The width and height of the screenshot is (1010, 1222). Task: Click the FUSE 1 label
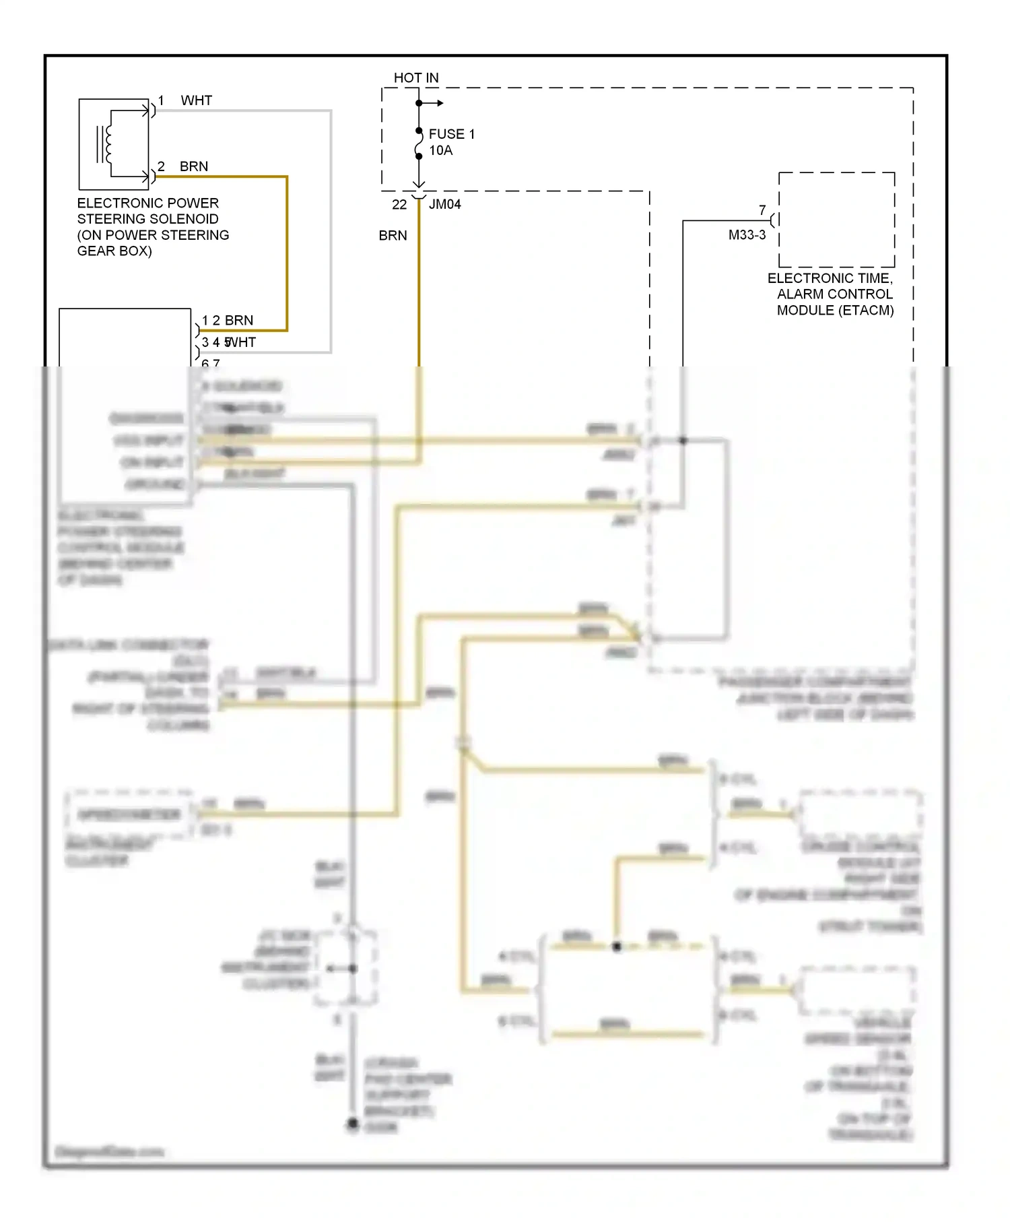pyautogui.click(x=451, y=134)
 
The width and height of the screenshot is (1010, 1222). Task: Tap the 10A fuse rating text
pyautogui.click(x=440, y=150)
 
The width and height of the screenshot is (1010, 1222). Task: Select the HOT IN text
pyautogui.click(x=415, y=78)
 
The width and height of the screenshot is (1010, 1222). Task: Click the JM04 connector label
pyautogui.click(x=444, y=204)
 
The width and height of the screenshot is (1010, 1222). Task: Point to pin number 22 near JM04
pyautogui.click(x=399, y=204)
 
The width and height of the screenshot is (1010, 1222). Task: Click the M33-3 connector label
pyautogui.click(x=747, y=235)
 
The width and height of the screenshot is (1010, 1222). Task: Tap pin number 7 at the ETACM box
pyautogui.click(x=762, y=210)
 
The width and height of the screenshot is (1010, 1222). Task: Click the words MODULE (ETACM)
pyautogui.click(x=835, y=311)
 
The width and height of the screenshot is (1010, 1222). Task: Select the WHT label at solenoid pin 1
pyautogui.click(x=196, y=100)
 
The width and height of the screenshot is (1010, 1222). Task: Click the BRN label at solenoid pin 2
pyautogui.click(x=193, y=166)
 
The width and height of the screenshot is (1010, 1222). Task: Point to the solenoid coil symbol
pyautogui.click(x=106, y=144)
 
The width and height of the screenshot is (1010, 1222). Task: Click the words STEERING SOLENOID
pyautogui.click(x=147, y=219)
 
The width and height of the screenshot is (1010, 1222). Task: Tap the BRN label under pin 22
pyautogui.click(x=393, y=236)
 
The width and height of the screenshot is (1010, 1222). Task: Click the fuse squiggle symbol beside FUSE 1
pyautogui.click(x=419, y=143)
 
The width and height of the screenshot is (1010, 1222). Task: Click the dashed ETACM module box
pyautogui.click(x=836, y=220)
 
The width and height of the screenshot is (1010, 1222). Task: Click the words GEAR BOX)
pyautogui.click(x=114, y=251)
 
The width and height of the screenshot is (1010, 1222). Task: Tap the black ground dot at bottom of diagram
pyautogui.click(x=352, y=1123)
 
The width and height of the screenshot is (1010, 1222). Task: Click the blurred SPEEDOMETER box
pyautogui.click(x=129, y=814)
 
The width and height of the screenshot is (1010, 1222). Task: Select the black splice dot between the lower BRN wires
pyautogui.click(x=616, y=946)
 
